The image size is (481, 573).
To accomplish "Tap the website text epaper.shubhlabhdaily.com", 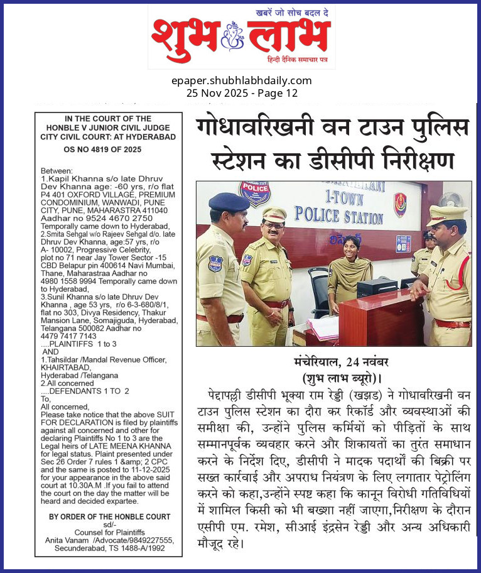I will click(x=241, y=80).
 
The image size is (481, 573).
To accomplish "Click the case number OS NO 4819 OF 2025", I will click(x=108, y=150).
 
